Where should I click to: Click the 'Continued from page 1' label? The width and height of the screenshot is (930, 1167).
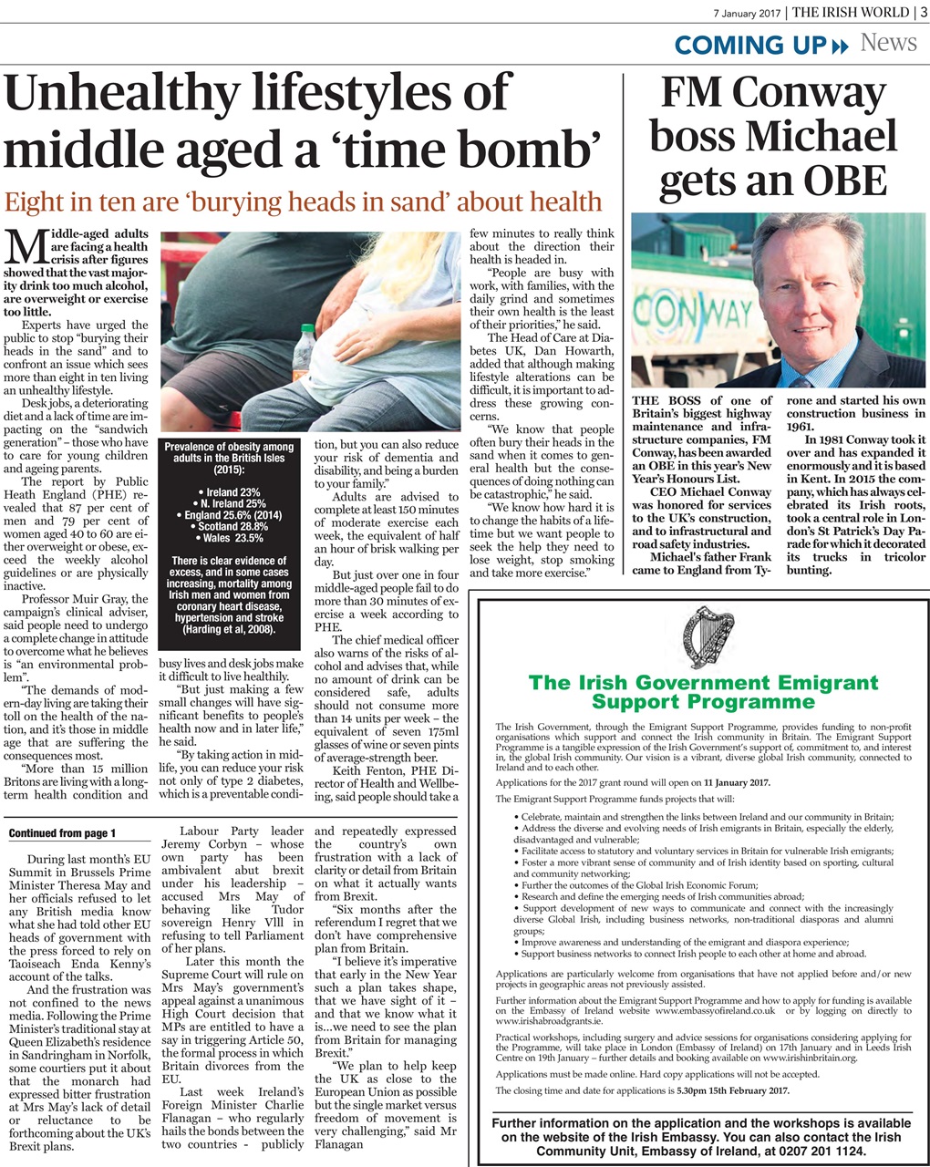click(x=62, y=833)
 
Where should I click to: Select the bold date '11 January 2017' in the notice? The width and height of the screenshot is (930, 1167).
click(x=737, y=782)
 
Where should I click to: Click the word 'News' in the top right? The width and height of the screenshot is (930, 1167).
click(x=888, y=42)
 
